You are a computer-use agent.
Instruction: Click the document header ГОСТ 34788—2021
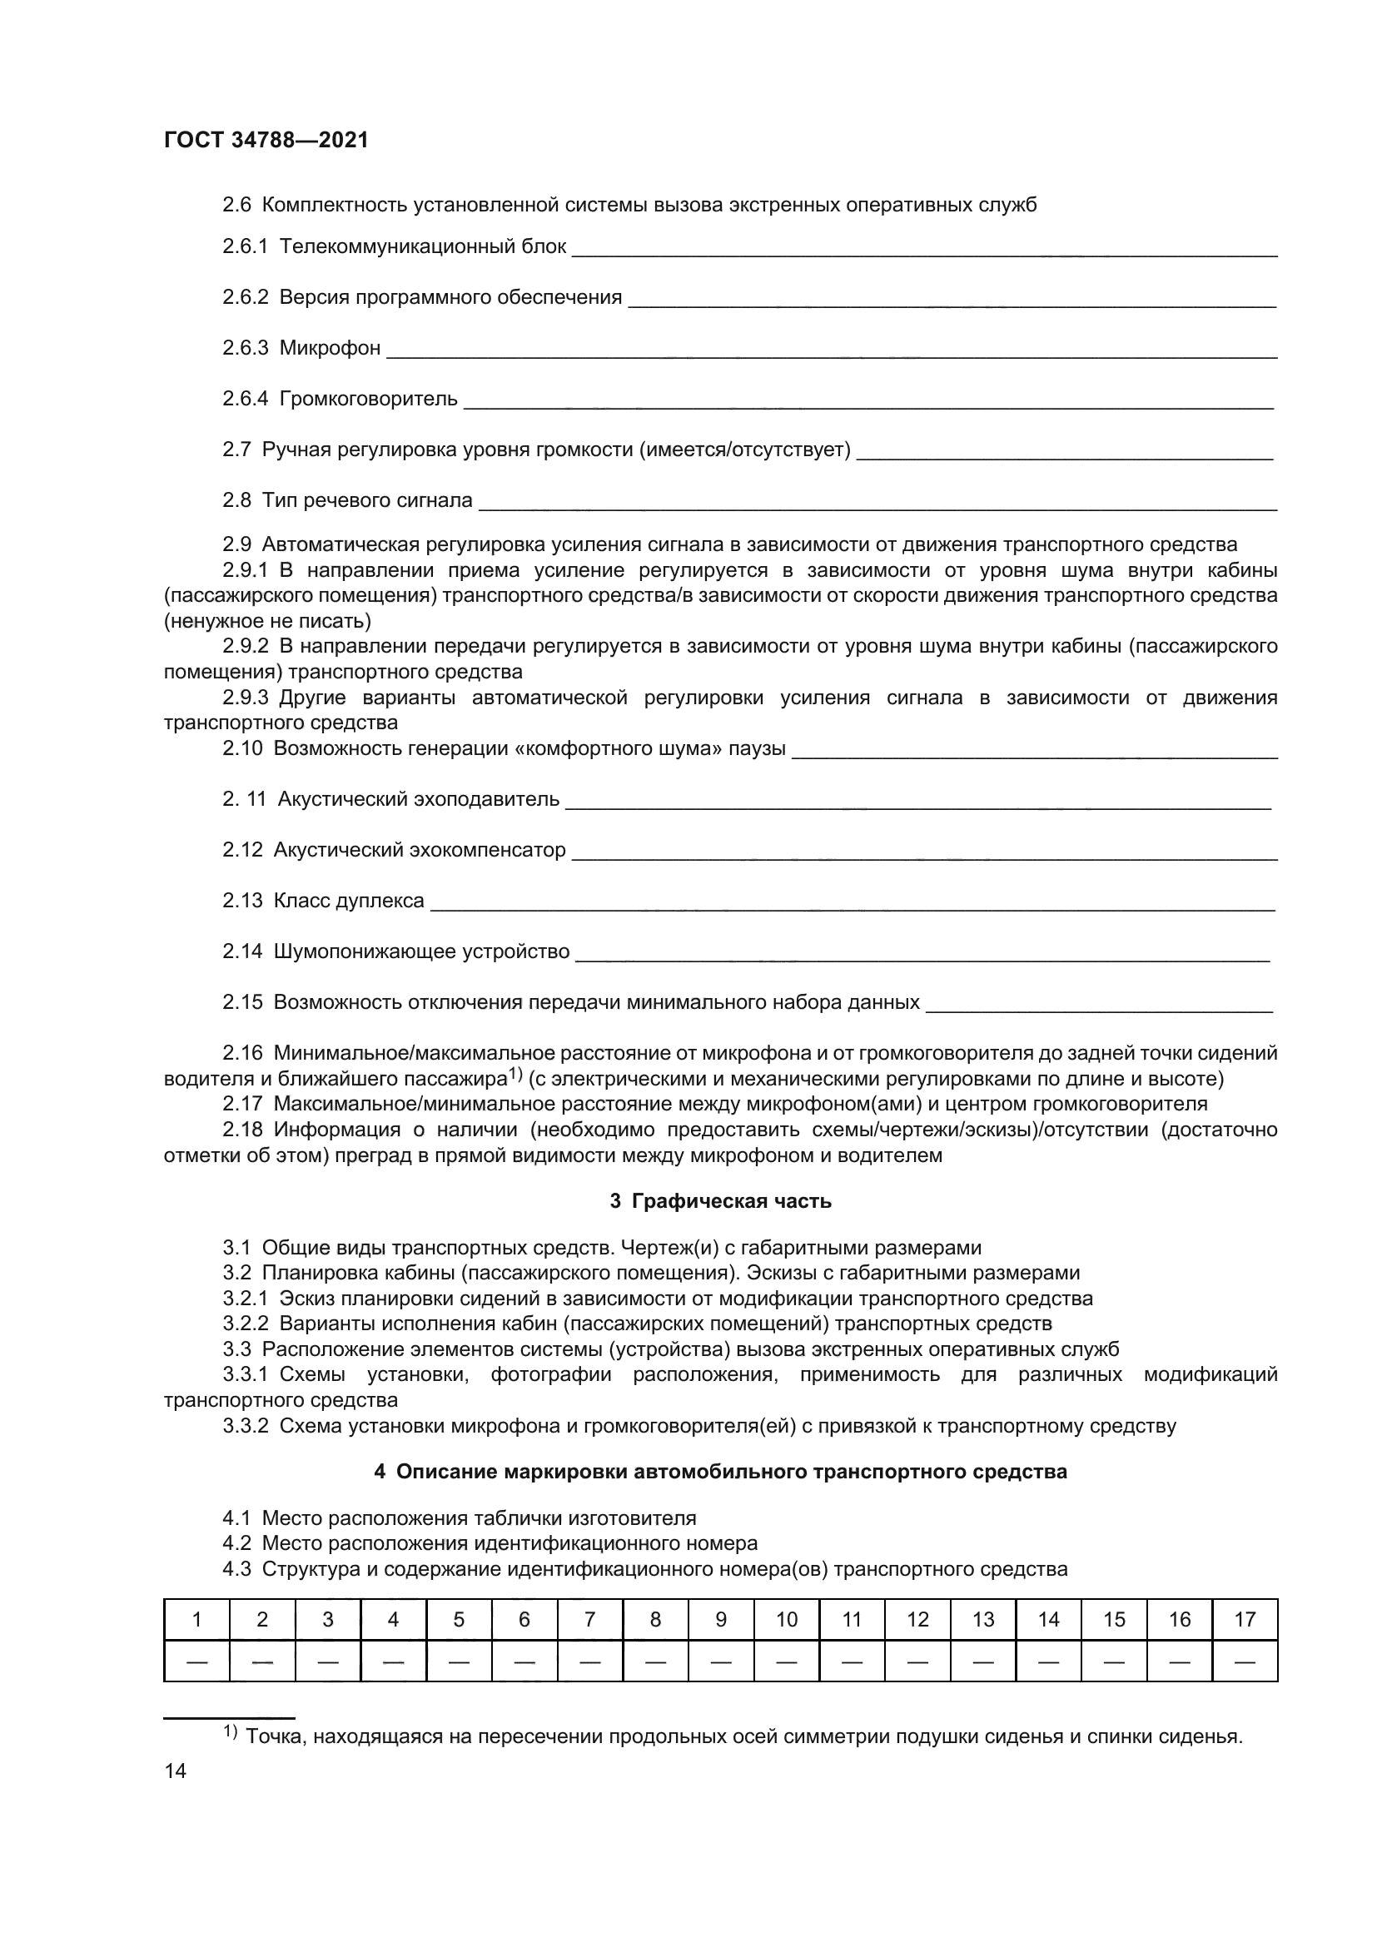(266, 140)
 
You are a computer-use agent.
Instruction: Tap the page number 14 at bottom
(176, 1771)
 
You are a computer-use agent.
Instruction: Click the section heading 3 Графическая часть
(721, 1201)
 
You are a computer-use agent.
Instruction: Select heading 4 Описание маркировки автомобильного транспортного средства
(721, 1471)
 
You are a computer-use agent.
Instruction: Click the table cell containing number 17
(1245, 1620)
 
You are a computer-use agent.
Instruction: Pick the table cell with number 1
(196, 1620)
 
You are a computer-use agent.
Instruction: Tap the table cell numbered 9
(721, 1620)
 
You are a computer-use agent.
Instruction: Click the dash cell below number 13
(982, 1661)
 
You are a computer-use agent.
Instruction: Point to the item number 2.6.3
(245, 349)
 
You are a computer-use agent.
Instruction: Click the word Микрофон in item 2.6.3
(330, 349)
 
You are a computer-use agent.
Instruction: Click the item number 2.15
(242, 1002)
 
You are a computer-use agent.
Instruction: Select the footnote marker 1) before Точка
(231, 1731)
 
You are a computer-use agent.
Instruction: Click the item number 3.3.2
(245, 1425)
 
